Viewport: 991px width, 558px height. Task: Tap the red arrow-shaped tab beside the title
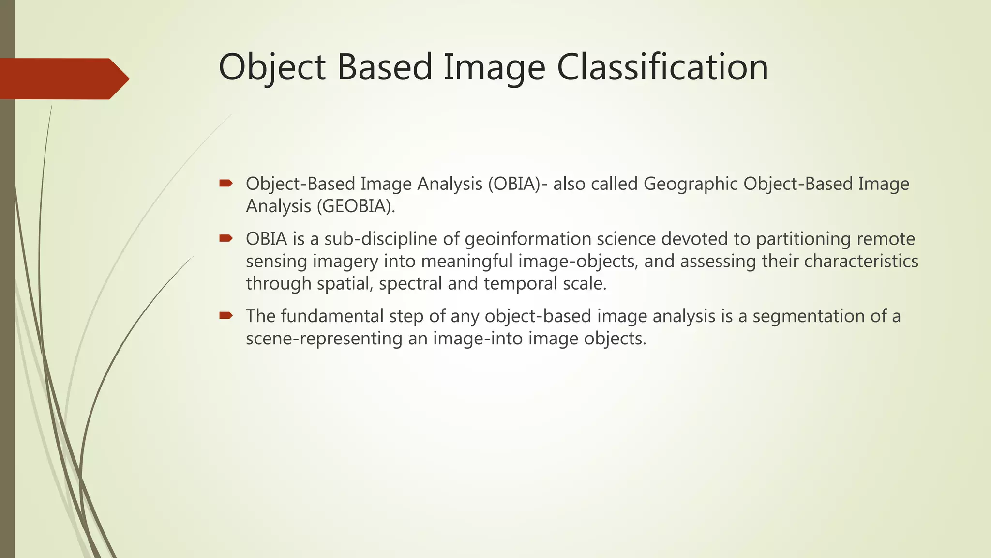coord(63,78)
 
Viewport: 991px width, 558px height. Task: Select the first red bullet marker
coord(226,183)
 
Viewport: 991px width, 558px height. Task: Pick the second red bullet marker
coord(226,238)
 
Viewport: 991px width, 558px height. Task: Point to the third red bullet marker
coord(226,316)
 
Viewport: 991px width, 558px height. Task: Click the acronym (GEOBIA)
coord(356,206)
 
